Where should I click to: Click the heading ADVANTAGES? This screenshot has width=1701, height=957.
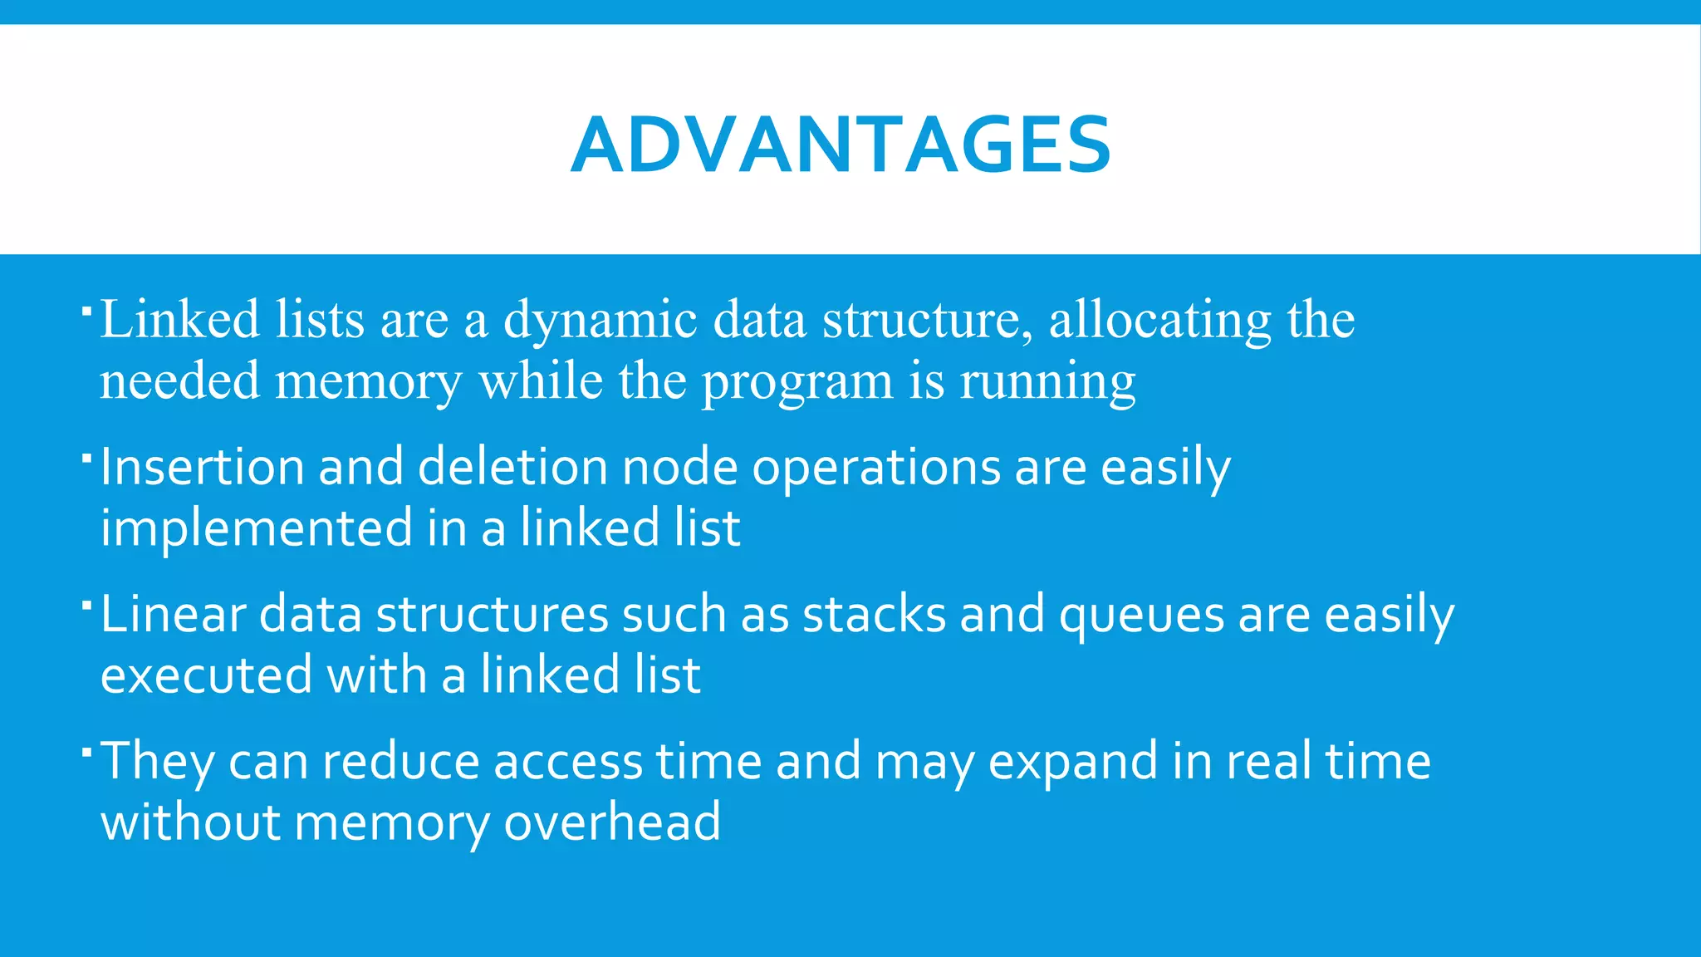pyautogui.click(x=841, y=145)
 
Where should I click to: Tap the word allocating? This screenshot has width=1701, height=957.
pyautogui.click(x=1159, y=321)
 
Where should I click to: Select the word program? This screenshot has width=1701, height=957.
pyautogui.click(x=797, y=382)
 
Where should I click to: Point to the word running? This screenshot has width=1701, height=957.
pyautogui.click(x=1047, y=382)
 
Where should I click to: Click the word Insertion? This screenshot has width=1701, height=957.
pyautogui.click(x=202, y=467)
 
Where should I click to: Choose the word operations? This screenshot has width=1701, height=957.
pyautogui.click(x=876, y=469)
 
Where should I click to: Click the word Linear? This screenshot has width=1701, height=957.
pyautogui.click(x=173, y=615)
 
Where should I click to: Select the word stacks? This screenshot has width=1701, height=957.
pyautogui.click(x=874, y=615)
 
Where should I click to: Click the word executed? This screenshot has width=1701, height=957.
pyautogui.click(x=206, y=675)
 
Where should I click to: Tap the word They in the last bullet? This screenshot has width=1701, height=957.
pyautogui.click(x=156, y=762)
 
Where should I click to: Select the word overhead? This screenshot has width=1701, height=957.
pyautogui.click(x=612, y=822)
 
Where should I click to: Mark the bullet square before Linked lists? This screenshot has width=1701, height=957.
pyautogui.click(x=86, y=311)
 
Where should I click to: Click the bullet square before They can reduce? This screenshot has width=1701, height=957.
pyautogui.click(x=86, y=753)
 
